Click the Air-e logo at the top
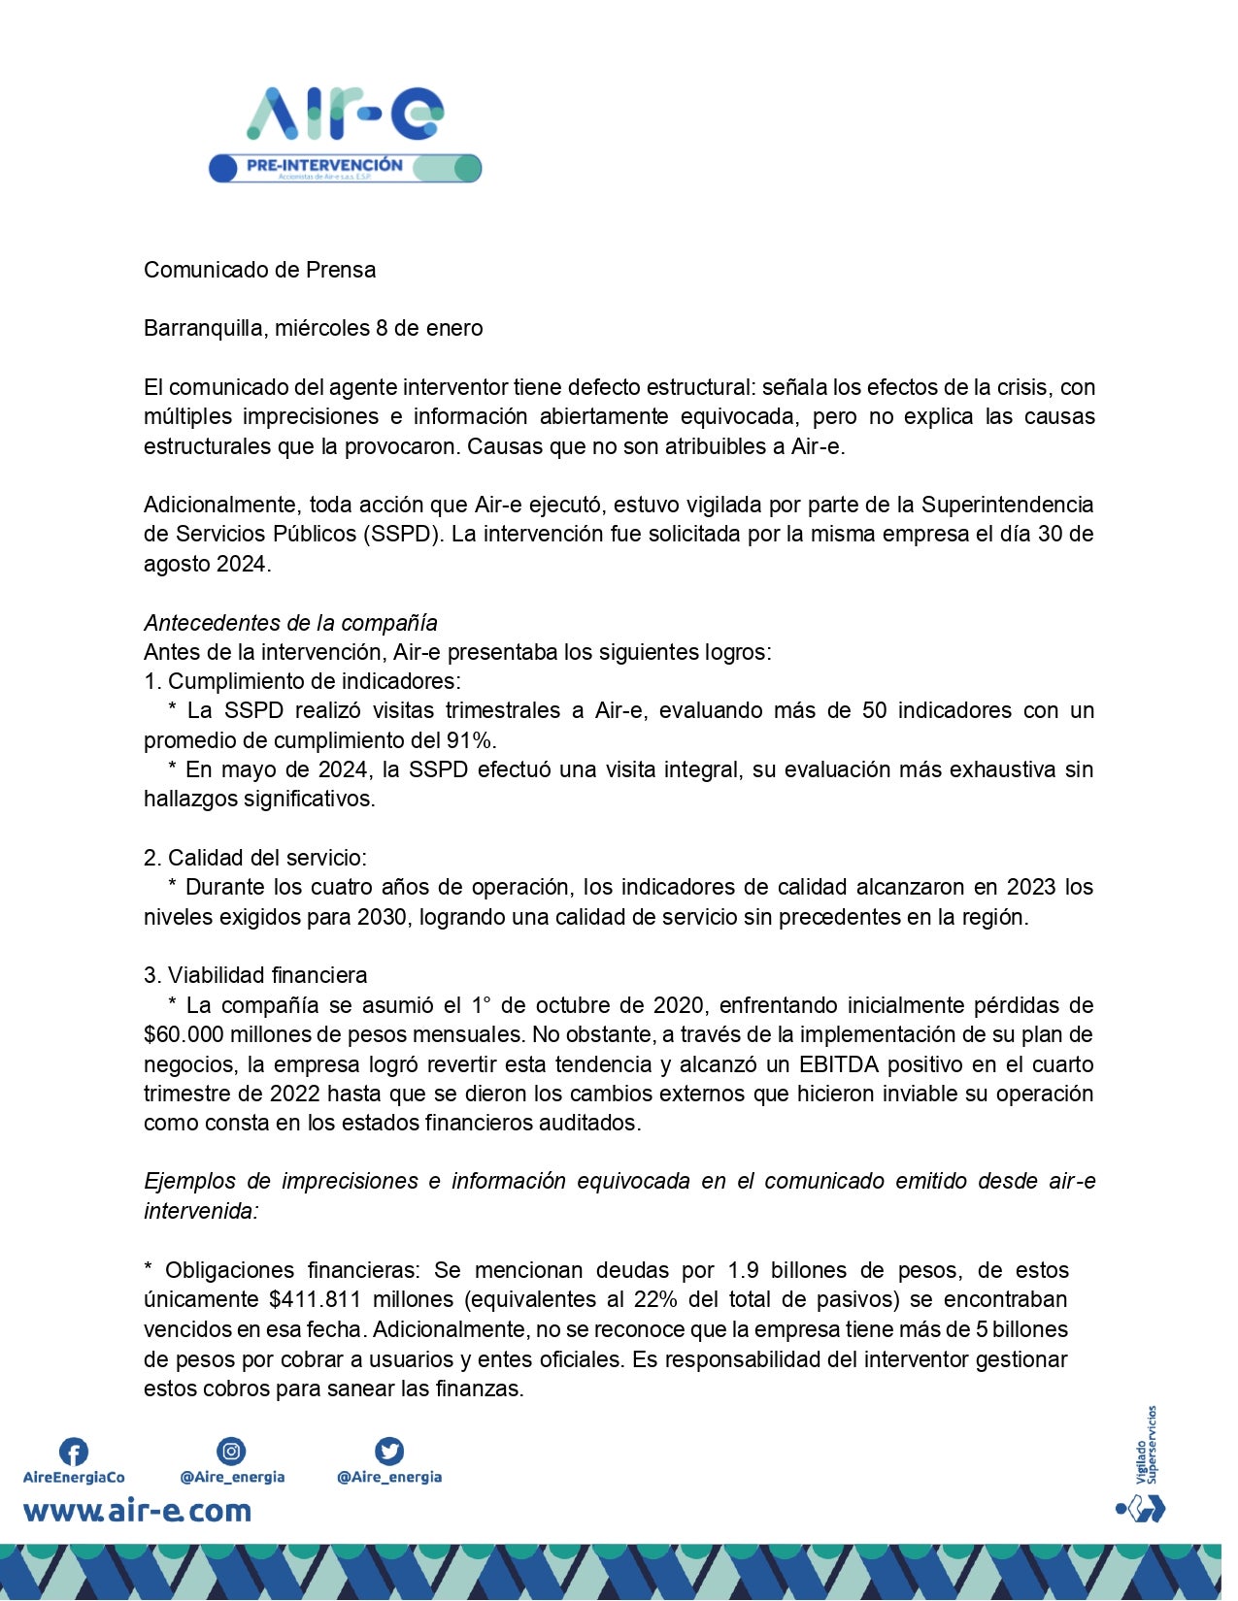click(345, 114)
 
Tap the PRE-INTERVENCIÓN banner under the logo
click(345, 168)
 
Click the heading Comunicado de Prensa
click(259, 270)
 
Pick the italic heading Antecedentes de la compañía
click(290, 623)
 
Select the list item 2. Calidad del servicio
click(255, 858)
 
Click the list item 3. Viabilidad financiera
click(255, 975)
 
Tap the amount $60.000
click(184, 1034)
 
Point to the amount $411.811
click(315, 1299)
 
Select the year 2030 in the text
click(382, 917)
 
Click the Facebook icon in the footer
click(74, 1452)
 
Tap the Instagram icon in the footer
click(231, 1452)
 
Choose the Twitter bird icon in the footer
click(388, 1452)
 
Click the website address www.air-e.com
click(137, 1511)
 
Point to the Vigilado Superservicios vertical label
click(1147, 1445)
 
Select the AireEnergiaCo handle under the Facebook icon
click(74, 1478)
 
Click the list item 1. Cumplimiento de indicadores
click(302, 681)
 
